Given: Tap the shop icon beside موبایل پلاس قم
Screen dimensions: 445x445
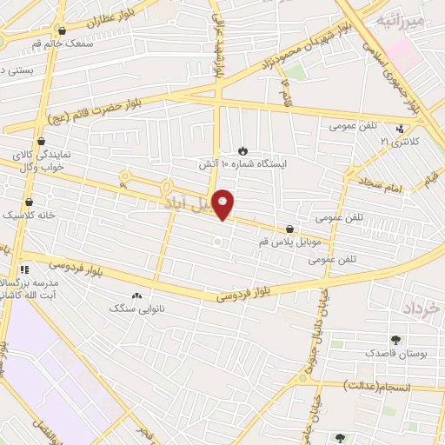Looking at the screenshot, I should (289, 229).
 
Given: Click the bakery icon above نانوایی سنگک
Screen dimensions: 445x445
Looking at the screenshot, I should (136, 296).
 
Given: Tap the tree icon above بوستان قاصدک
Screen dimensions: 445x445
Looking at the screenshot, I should (396, 340).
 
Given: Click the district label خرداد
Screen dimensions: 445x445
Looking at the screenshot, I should (424, 309).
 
